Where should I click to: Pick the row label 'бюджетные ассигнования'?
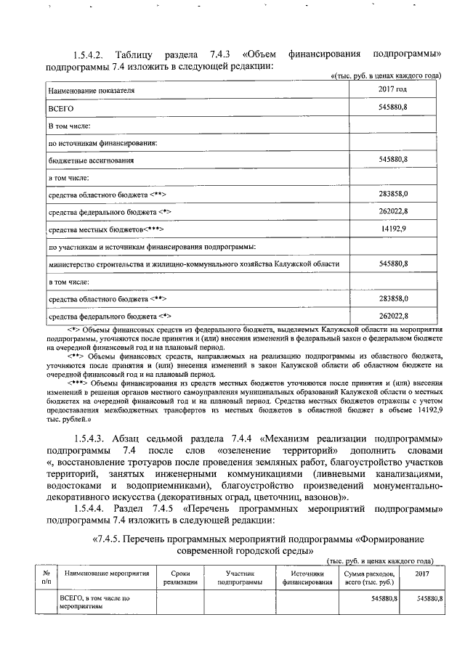91,159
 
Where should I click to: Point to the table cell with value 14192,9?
393,229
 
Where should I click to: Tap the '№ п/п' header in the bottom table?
46,577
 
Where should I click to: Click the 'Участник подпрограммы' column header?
239,577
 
